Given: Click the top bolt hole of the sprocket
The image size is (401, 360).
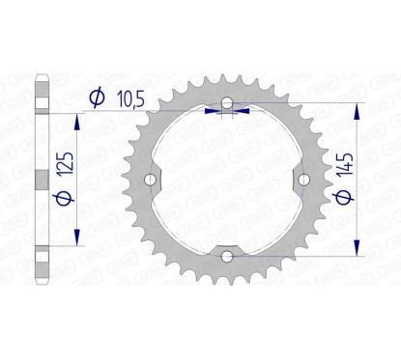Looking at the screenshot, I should click(x=226, y=103).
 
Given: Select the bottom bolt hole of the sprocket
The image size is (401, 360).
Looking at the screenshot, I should click(x=226, y=255).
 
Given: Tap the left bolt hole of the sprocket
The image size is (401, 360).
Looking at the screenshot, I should click(x=150, y=179).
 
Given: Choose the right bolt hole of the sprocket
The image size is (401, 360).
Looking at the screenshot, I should click(x=302, y=179).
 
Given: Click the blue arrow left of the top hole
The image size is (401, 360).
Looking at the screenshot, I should click(x=214, y=111).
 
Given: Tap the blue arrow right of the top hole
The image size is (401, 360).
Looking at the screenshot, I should click(x=240, y=111).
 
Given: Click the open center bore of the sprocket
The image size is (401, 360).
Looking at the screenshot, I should click(x=226, y=180).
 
